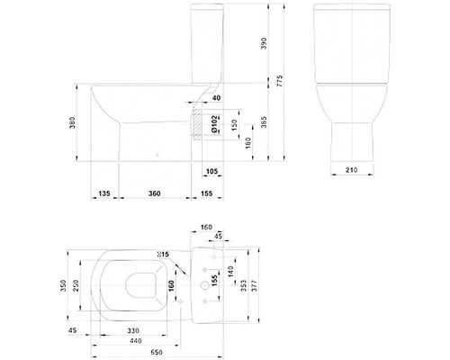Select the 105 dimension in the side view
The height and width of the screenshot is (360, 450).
click(211, 171)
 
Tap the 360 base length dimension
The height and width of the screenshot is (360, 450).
click(155, 193)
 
